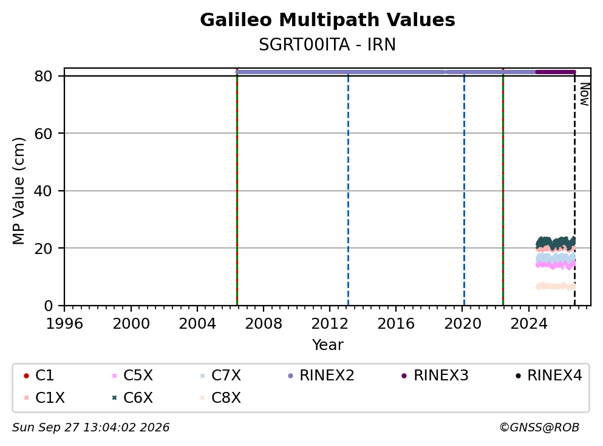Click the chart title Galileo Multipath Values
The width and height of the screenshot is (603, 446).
pos(327,20)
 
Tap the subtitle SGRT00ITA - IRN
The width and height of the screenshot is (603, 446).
pos(327,44)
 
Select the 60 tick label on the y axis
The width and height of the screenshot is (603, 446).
pos(43,134)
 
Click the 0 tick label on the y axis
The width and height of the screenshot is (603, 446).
pos(48,306)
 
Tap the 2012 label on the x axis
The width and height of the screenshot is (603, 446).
pos(330,324)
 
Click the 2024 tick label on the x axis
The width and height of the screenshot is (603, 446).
pos(529,324)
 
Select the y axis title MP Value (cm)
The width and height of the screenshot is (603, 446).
pos(18,191)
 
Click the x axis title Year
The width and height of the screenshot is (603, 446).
pos(327,345)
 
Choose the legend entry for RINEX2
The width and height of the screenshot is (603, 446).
pos(321,376)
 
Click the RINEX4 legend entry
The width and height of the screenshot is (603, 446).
pos(549,376)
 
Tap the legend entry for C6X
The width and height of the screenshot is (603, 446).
pos(132,398)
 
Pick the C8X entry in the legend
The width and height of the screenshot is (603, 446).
pos(220,398)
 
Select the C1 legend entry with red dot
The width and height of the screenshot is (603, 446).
pos(38,376)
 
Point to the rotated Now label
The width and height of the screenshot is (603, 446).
pos(585,94)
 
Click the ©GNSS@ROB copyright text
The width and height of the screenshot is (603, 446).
pos(539,428)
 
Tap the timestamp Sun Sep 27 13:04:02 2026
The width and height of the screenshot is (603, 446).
pos(90,428)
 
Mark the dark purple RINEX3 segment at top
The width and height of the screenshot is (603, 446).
pos(556,72)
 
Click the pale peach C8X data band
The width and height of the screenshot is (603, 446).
pos(556,286)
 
